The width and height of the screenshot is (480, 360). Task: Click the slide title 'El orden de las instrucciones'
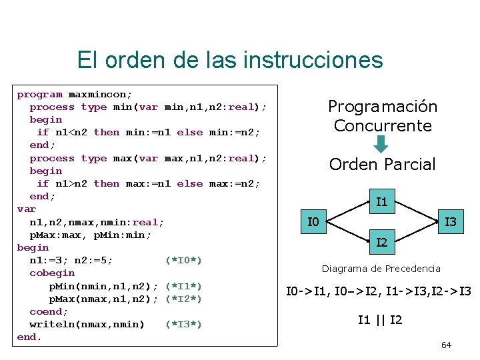(230, 60)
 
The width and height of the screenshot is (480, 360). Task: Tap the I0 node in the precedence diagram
(313, 221)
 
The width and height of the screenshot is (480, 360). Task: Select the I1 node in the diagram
(382, 201)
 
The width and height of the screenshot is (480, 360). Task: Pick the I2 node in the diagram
(382, 243)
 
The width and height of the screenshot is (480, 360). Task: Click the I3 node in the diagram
(451, 221)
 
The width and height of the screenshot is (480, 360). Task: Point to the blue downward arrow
(381, 144)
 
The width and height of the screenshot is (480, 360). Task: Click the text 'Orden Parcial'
(382, 164)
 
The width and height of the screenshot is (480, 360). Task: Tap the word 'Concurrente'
(383, 125)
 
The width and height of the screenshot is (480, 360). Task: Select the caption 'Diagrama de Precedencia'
(381, 269)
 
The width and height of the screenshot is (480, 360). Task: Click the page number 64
(447, 345)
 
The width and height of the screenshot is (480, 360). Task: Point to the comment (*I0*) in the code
(183, 260)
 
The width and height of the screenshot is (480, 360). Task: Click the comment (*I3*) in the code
(183, 324)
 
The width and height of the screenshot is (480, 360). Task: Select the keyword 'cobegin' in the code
(52, 273)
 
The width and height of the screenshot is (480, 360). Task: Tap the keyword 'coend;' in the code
(49, 311)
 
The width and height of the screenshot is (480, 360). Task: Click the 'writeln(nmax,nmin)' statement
(87, 324)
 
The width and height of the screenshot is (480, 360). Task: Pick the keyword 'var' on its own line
(27, 209)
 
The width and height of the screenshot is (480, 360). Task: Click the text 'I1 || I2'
(380, 320)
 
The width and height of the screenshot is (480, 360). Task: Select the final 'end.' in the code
(29, 337)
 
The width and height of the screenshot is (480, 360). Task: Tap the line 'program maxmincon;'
(75, 94)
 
